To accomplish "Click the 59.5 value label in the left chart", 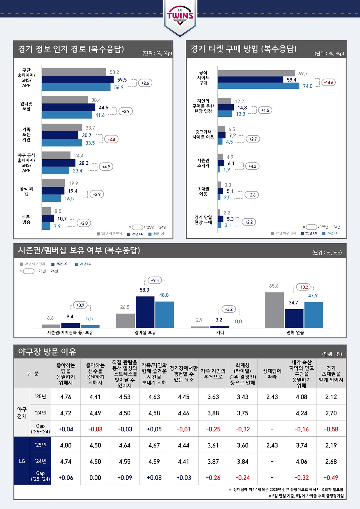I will tap(122, 80).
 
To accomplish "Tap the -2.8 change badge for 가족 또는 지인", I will tap(111, 139).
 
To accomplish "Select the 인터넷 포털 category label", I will tap(26, 106).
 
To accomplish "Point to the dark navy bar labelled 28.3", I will tap(58, 163).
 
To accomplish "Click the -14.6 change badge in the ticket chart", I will tap(328, 82).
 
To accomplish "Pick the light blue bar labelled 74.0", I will tap(258, 86).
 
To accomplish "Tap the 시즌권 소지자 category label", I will tap(203, 163).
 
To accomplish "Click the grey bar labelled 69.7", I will tap(256, 73).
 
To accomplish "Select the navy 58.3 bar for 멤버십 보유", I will tap(145, 312).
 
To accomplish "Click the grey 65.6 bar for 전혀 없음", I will tap(274, 310).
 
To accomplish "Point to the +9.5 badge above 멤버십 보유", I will tap(155, 280).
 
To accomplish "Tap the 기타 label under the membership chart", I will tap(220, 332).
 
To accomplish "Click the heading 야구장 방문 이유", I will tap(47, 352).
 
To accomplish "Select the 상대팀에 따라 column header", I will tap(272, 374).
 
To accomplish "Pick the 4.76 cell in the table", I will tap(66, 397).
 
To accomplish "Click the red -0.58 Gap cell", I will tap(331, 429).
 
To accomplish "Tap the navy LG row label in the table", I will tap(22, 461).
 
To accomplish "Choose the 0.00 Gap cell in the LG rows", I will tap(95, 478).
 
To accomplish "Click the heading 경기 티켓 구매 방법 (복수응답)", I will tap(243, 49).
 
